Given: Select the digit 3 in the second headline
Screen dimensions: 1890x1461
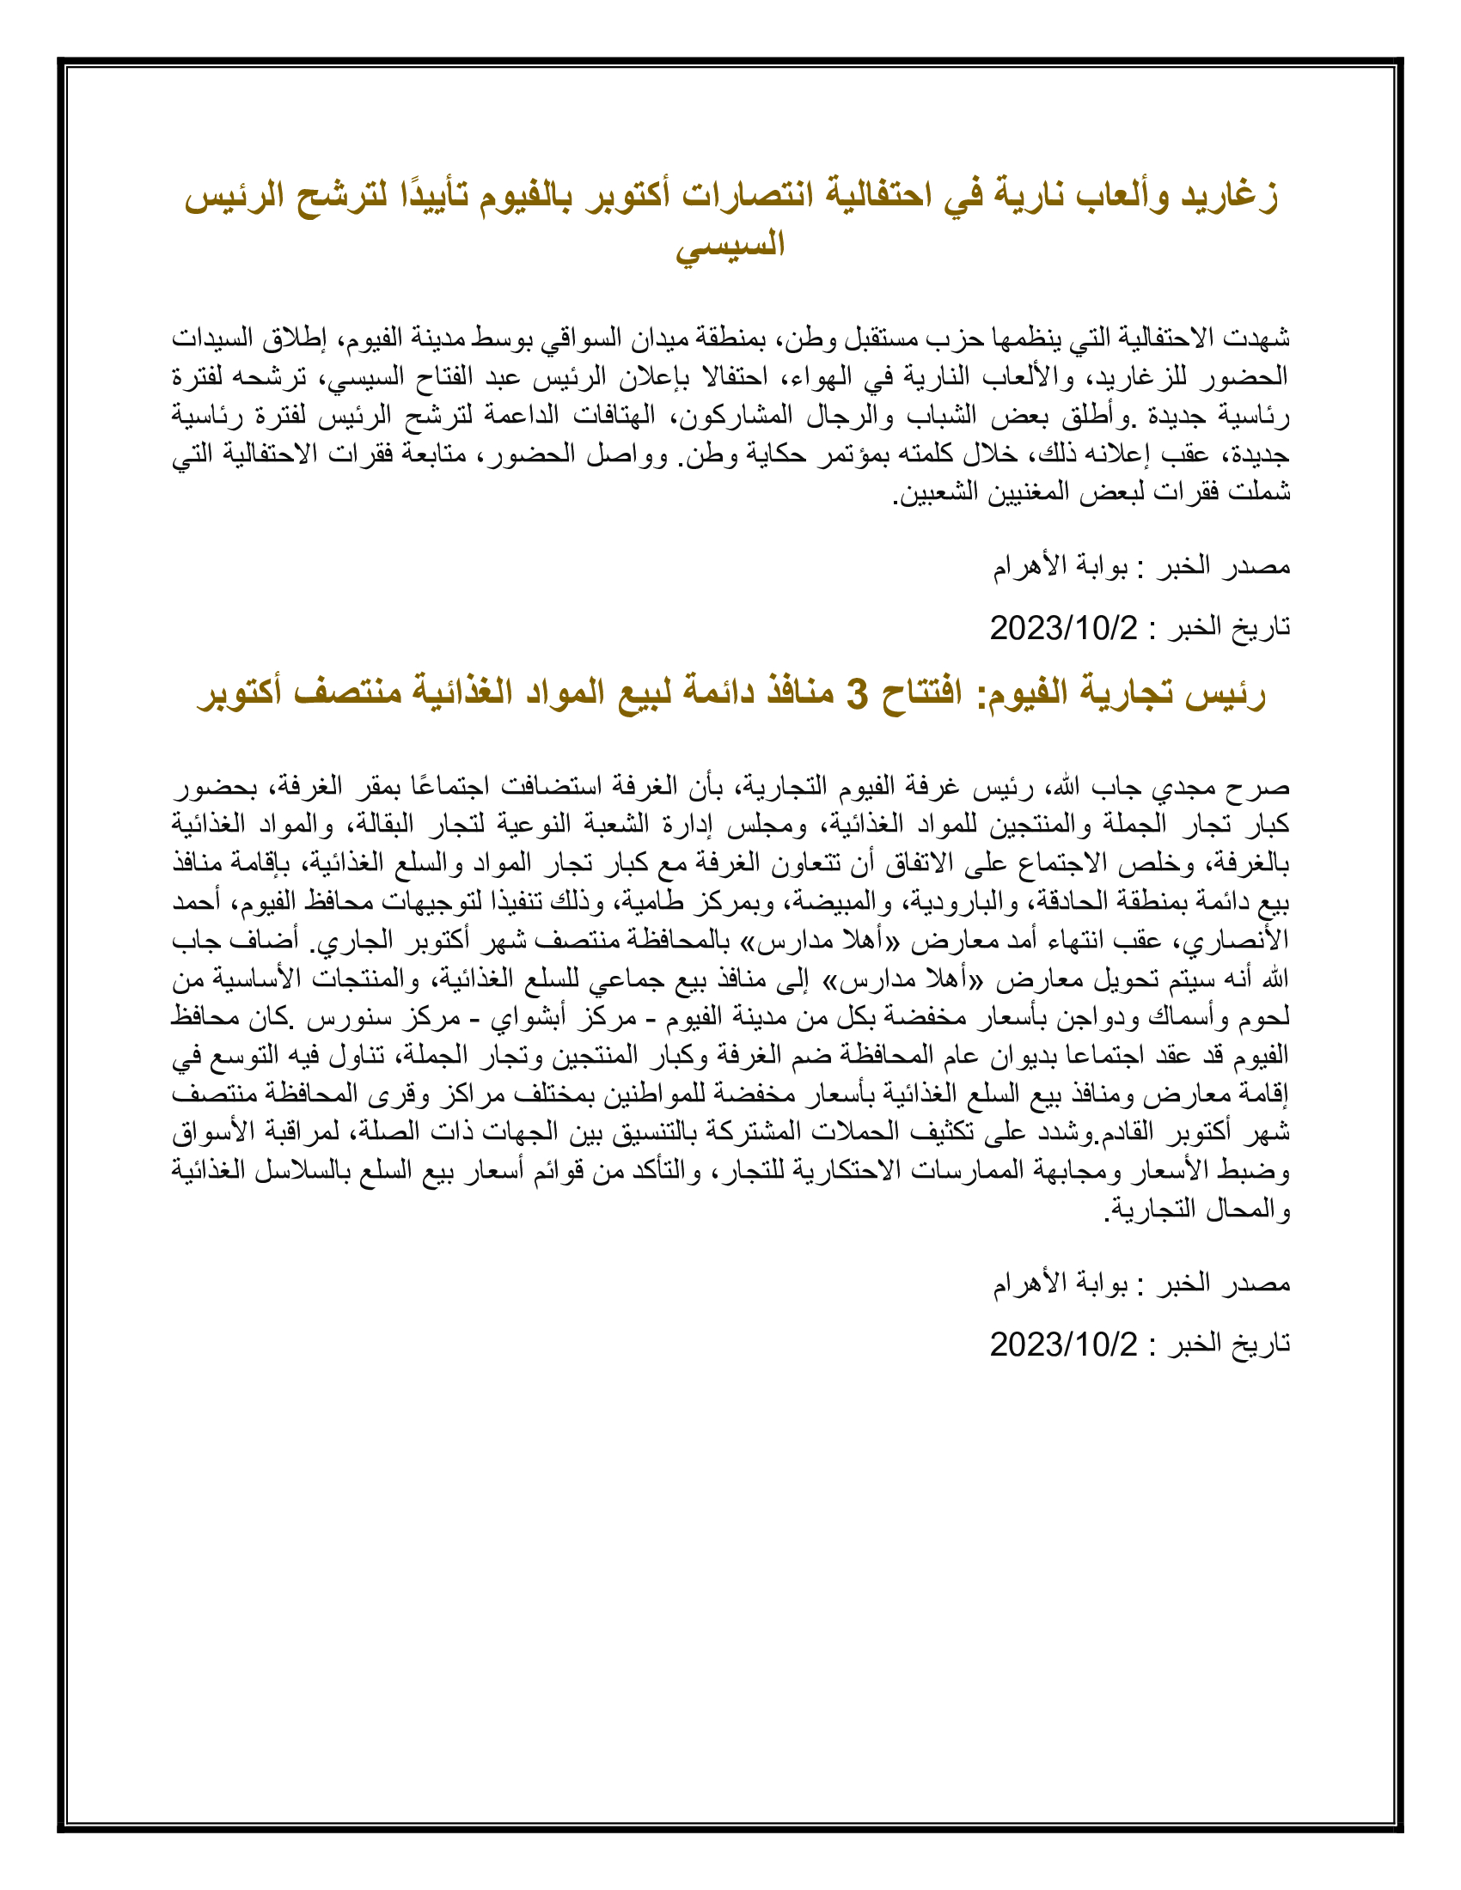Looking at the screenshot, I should pyautogui.click(x=856, y=694).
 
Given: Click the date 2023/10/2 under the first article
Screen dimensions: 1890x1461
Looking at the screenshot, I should pyautogui.click(x=1064, y=627).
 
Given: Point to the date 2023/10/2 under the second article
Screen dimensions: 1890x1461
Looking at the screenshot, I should pyautogui.click(x=1064, y=1344).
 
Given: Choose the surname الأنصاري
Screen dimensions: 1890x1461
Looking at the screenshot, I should pyautogui.click(x=1247, y=941).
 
